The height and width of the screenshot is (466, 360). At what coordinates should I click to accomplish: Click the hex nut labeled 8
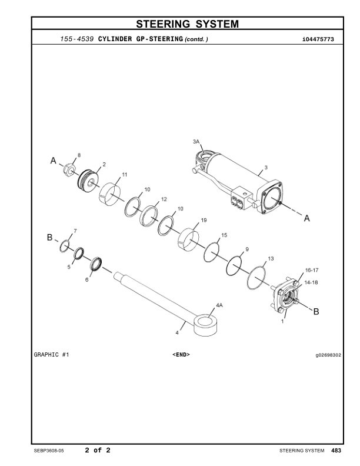(x=69, y=169)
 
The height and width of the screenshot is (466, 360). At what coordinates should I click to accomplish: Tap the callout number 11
(x=125, y=174)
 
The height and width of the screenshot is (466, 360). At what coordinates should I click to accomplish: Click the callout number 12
(x=164, y=199)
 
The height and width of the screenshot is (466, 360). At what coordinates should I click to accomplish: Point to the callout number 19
(x=204, y=220)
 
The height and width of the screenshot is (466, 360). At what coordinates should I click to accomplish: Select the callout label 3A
(x=196, y=141)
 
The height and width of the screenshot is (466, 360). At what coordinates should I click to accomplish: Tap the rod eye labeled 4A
(x=205, y=325)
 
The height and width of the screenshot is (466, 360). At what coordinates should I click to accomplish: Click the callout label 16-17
(x=312, y=270)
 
